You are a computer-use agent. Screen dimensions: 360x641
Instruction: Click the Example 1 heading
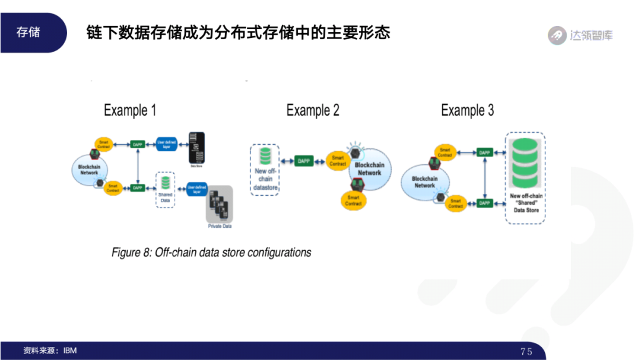click(130, 110)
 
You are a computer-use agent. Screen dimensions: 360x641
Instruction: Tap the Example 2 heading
click(313, 110)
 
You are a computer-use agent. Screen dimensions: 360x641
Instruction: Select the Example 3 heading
click(467, 110)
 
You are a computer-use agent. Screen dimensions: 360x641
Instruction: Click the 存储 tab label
click(28, 32)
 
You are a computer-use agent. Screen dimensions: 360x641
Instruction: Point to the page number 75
click(526, 351)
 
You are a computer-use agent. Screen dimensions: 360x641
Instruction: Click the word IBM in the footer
click(70, 351)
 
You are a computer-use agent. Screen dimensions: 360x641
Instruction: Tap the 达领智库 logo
click(580, 36)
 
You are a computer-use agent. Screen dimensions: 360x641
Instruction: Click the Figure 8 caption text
click(211, 253)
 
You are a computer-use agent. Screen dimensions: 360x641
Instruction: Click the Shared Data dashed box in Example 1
click(165, 189)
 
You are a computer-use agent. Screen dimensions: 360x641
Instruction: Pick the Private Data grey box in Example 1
click(219, 207)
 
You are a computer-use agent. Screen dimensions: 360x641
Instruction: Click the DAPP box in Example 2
click(304, 161)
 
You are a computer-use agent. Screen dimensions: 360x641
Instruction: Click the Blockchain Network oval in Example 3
click(424, 181)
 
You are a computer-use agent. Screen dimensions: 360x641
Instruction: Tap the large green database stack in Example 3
click(525, 161)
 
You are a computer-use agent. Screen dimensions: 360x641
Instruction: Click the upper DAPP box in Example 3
click(485, 152)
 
